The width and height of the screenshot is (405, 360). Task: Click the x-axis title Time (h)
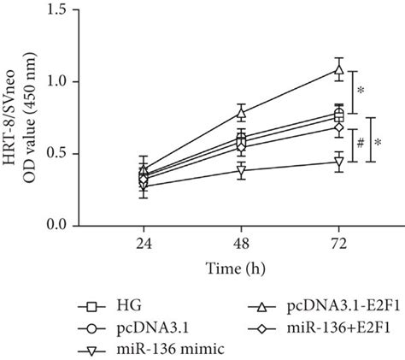coord(242,268)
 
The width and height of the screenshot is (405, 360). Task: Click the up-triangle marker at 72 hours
coord(339,69)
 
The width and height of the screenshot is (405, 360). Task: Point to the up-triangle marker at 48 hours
coord(242,112)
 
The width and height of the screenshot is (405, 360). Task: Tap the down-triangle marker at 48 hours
coord(242,170)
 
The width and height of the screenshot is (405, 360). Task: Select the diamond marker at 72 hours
coord(339,127)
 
